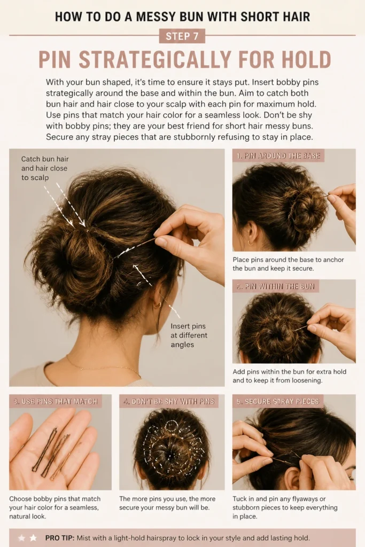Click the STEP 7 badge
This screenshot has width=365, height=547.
click(182, 36)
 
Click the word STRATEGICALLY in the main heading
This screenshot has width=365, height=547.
click(154, 60)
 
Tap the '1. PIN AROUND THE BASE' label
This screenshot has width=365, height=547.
click(278, 155)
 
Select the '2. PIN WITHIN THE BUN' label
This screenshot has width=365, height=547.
click(276, 286)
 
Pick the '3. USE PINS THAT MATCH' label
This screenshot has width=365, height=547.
click(56, 402)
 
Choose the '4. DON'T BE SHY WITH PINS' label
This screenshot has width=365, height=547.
click(169, 402)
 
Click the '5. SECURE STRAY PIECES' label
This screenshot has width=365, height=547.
click(278, 402)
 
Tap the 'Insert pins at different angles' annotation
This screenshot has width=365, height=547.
click(189, 335)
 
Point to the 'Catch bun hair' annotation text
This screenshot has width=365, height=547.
click(45, 159)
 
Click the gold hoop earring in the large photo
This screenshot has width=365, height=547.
click(158, 304)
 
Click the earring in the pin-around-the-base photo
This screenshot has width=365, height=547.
click(251, 243)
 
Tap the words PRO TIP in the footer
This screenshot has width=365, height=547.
click(60, 538)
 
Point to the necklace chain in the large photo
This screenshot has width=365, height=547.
click(105, 366)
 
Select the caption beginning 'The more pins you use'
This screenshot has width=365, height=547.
click(167, 503)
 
